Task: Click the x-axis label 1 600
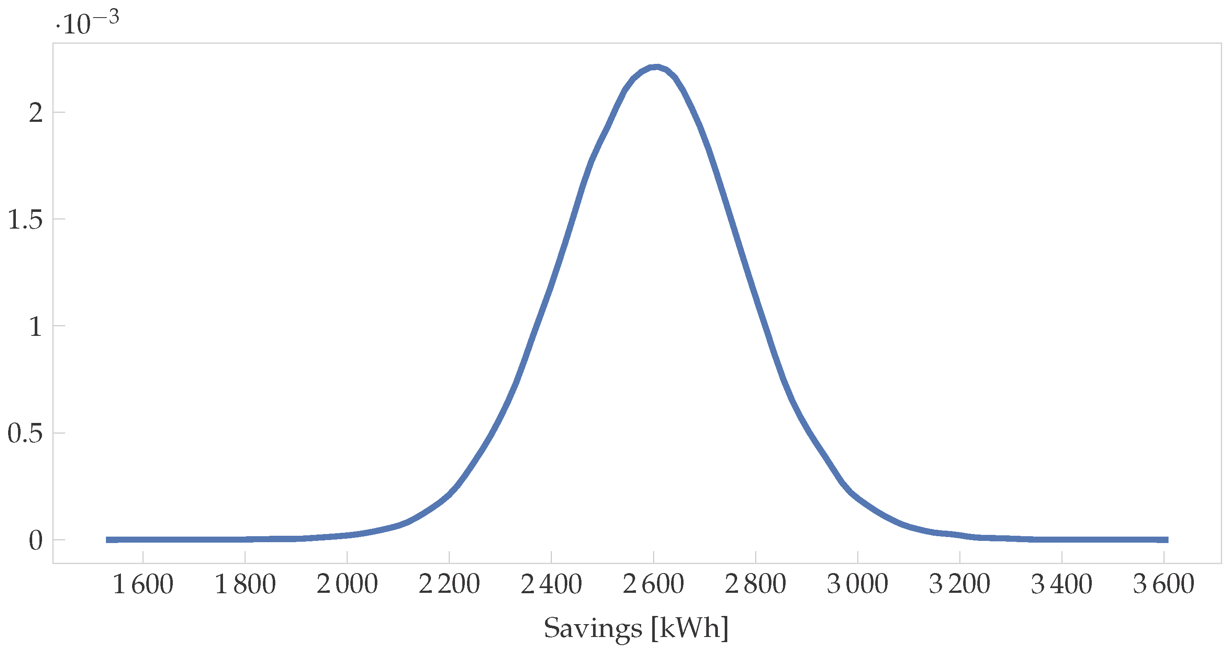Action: tap(142, 585)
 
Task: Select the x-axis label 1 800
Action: tap(245, 585)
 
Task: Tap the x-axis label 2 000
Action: tap(347, 585)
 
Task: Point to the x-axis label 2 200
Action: tap(449, 585)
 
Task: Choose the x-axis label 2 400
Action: tap(551, 585)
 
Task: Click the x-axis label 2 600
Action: tap(653, 585)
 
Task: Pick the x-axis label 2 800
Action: tap(755, 585)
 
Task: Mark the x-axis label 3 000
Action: tap(858, 585)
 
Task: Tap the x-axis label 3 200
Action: tap(959, 585)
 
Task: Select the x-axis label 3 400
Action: tap(1062, 585)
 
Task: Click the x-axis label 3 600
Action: tap(1164, 585)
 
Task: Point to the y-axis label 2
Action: tap(36, 113)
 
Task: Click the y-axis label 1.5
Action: tap(25, 220)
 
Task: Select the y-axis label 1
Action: tap(36, 327)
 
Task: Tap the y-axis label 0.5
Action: tap(25, 433)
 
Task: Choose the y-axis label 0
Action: tap(36, 540)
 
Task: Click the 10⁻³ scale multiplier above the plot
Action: tap(87, 22)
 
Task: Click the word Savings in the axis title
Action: tap(593, 628)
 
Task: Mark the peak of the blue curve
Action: tap(656, 67)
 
